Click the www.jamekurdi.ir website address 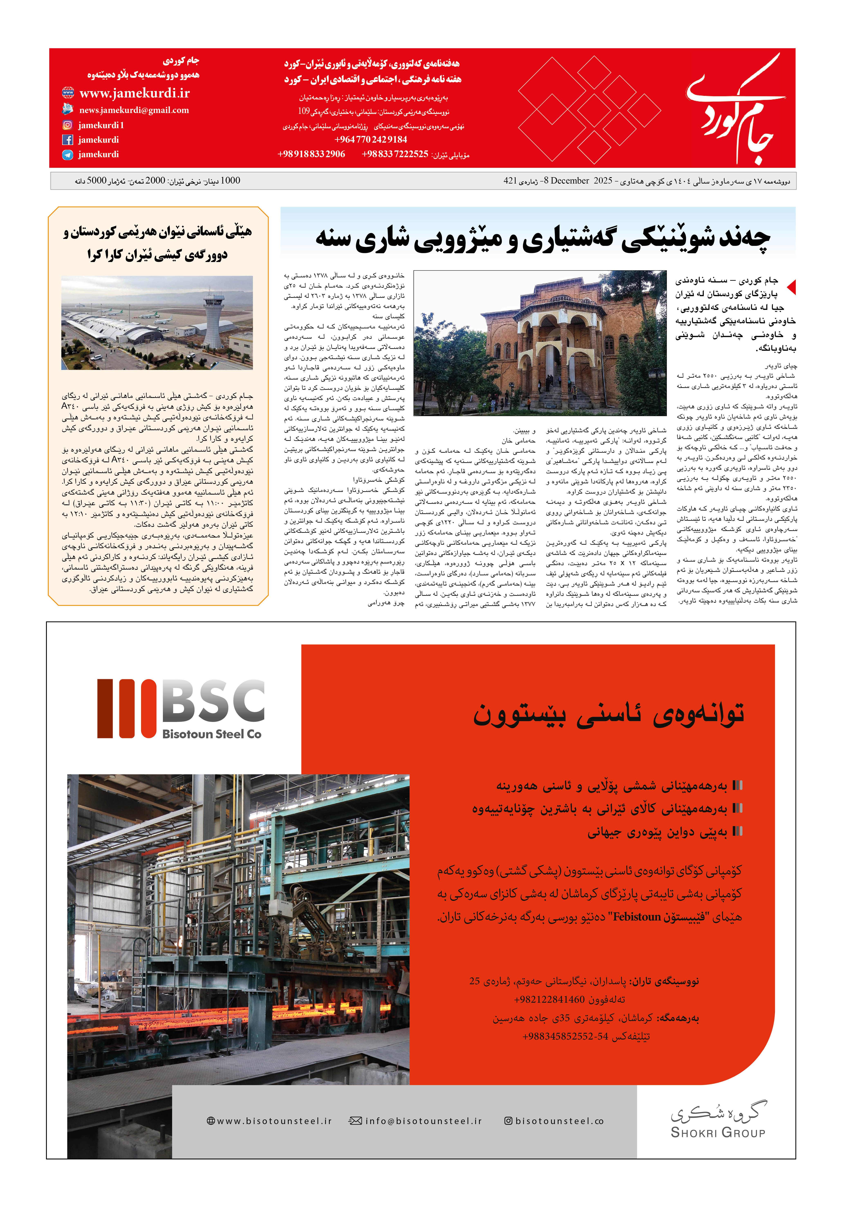pyautogui.click(x=134, y=94)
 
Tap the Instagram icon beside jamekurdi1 pyautogui.click(x=67, y=125)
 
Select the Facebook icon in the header pyautogui.click(x=67, y=140)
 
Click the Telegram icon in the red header pyautogui.click(x=67, y=155)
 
